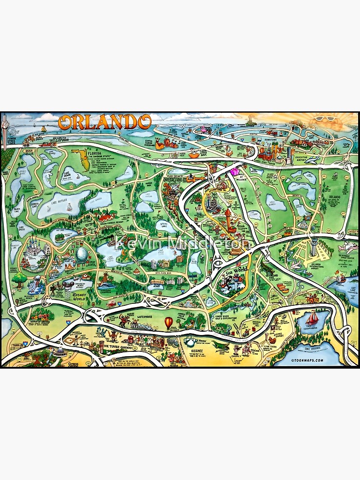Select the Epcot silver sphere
82,255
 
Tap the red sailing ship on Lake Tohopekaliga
312,318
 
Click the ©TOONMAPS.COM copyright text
307,360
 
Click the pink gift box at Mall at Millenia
235,171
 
